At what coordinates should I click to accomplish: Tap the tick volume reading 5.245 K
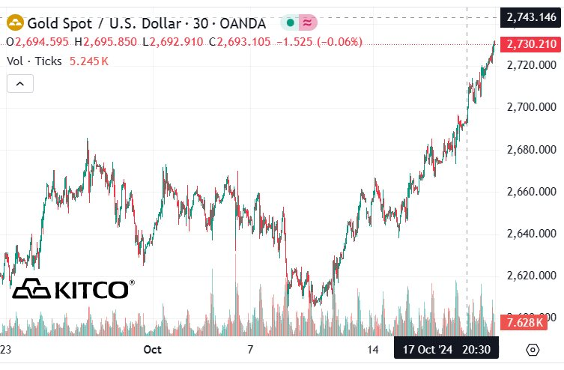pyautogui.click(x=88, y=61)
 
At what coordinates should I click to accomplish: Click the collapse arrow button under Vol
pyautogui.click(x=20, y=84)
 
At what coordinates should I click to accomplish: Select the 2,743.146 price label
pyautogui.click(x=531, y=17)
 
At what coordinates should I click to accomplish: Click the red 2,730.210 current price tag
pyautogui.click(x=531, y=45)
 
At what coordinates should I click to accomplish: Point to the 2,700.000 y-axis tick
pyautogui.click(x=531, y=108)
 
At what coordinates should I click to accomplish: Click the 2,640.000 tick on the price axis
pyautogui.click(x=531, y=234)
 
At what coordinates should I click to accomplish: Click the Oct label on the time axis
pyautogui.click(x=152, y=349)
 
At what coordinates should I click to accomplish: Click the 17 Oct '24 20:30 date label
pyautogui.click(x=446, y=349)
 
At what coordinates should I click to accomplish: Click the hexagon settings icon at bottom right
pyautogui.click(x=533, y=350)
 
